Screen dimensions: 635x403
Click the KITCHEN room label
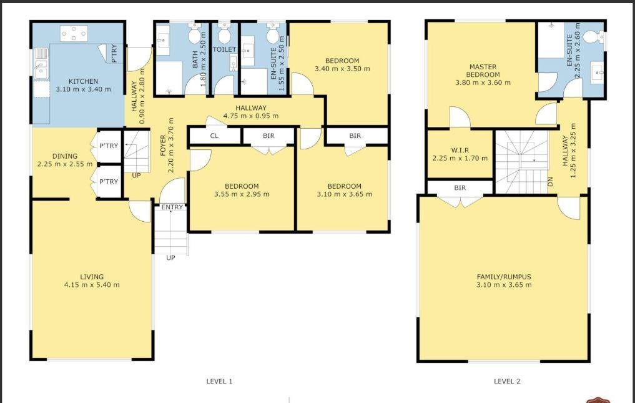[83, 81]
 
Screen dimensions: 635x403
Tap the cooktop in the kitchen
[74, 33]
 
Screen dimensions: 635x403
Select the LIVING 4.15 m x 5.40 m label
[92, 281]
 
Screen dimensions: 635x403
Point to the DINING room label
[65, 156]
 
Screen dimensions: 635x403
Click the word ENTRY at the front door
[172, 207]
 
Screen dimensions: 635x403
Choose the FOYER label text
[163, 146]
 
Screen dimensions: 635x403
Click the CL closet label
[214, 136]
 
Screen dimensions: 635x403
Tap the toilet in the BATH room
[195, 33]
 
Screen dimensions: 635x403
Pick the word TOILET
[224, 49]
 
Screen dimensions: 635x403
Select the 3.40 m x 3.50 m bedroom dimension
[342, 69]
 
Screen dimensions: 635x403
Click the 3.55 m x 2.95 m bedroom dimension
[242, 194]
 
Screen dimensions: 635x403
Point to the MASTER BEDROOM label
[483, 71]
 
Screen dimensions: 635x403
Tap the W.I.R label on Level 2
[460, 150]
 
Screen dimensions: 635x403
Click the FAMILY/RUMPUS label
[504, 277]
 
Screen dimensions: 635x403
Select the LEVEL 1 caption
[219, 381]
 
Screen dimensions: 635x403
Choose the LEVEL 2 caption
[507, 381]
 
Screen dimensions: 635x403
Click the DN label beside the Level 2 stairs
[550, 182]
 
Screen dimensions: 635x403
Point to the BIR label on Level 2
[460, 187]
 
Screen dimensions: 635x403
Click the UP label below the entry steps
[170, 257]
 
